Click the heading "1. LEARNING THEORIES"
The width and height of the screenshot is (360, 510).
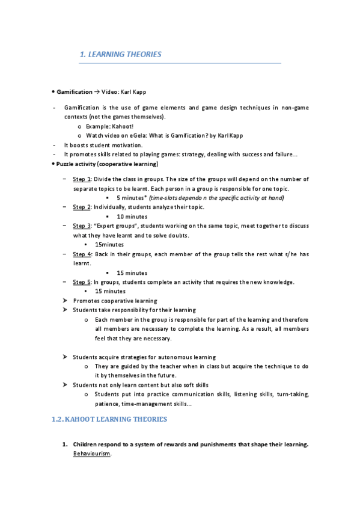120,55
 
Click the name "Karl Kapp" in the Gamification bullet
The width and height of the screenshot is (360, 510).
133,92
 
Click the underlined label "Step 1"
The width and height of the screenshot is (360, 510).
82,179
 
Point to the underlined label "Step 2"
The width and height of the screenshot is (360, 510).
82,207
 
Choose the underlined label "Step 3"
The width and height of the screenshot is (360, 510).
82,226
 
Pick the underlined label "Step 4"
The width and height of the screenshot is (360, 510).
82,254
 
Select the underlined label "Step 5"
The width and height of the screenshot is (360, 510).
82,282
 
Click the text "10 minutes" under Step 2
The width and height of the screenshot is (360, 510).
132,217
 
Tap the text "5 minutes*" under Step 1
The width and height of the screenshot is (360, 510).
130,197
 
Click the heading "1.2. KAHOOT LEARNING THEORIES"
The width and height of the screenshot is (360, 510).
109,419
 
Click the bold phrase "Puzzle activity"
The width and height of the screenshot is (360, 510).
76,164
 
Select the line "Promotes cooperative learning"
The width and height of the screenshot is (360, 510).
115,301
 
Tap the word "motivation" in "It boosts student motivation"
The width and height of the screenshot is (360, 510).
127,145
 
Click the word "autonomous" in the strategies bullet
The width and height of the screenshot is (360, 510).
164,357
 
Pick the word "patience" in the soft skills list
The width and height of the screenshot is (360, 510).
106,404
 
